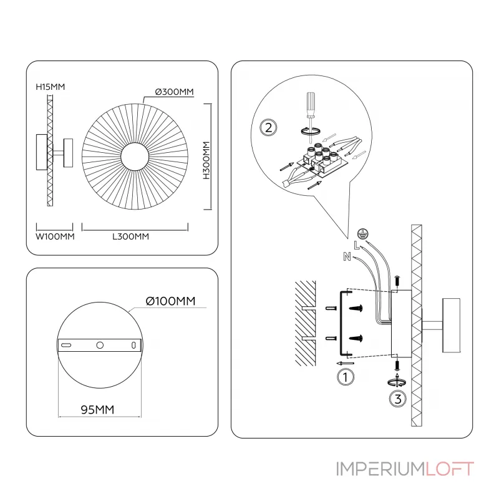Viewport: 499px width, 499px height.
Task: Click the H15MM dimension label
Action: (51, 87)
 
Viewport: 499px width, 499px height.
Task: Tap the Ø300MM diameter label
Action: (174, 92)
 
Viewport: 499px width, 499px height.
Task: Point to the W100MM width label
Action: (55, 236)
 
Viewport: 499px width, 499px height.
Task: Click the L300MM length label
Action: (130, 236)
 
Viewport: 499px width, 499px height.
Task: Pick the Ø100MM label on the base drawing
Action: (170, 301)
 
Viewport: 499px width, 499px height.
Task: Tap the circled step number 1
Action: (344, 377)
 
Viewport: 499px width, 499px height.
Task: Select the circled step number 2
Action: (268, 128)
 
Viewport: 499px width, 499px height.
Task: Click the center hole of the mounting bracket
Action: (99, 345)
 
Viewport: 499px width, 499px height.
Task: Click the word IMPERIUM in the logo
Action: (380, 469)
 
